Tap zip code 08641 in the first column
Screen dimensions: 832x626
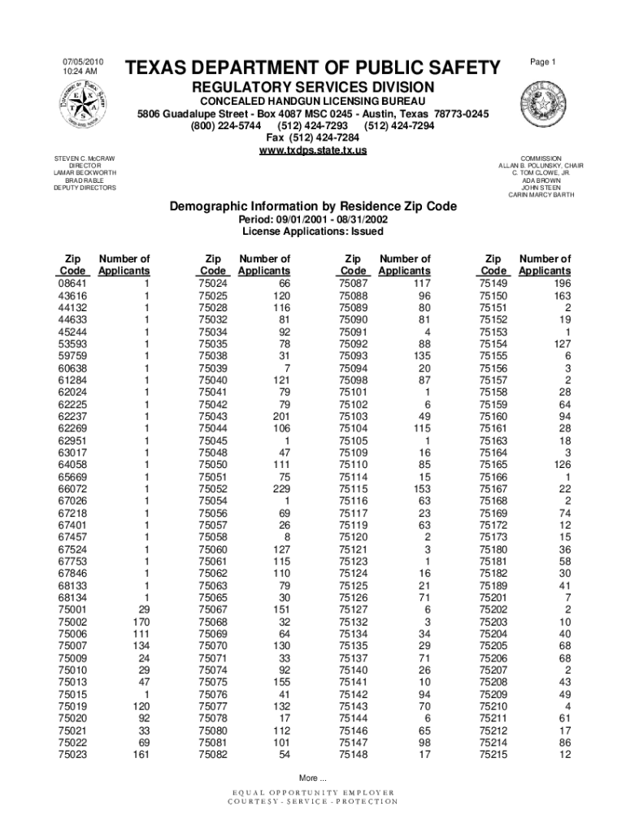coord(73,284)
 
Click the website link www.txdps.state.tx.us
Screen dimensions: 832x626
coord(313,151)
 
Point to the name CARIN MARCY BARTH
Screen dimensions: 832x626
coord(541,195)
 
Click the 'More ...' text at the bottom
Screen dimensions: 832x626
coord(313,777)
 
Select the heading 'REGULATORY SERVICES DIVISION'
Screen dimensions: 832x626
coord(313,87)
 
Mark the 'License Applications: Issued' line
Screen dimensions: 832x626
coord(313,232)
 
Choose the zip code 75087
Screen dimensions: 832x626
coord(353,284)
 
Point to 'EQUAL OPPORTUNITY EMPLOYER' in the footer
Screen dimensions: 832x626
coord(313,792)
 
